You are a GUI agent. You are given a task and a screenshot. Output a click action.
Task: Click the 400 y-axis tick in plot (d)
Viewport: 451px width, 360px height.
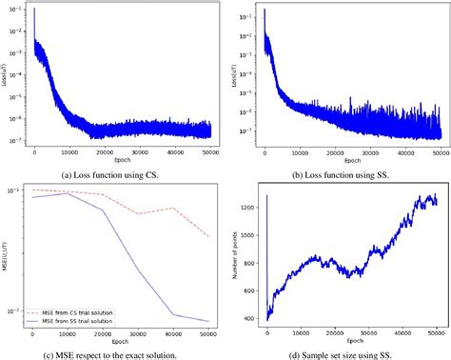(247, 317)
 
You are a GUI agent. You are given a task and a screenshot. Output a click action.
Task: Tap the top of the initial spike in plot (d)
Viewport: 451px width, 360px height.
(266, 195)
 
